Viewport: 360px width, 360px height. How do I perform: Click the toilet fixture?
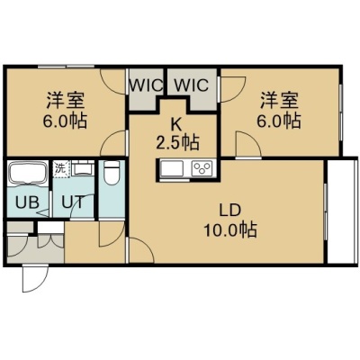pos(112,172)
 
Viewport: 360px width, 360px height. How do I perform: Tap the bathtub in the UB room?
pos(28,173)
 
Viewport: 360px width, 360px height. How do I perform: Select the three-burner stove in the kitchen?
pos(202,167)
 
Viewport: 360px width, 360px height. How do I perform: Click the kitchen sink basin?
pos(172,168)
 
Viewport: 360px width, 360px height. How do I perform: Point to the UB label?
pos(27,202)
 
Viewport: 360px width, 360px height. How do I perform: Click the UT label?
pos(73,202)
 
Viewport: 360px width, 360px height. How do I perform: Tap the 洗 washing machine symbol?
pos(61,169)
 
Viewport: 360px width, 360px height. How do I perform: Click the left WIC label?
pos(146,85)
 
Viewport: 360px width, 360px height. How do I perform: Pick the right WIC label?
pos(192,85)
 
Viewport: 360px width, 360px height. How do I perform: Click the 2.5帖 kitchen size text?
pos(177,142)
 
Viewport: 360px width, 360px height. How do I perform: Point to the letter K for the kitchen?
pos(176,124)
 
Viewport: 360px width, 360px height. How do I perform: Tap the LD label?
pos(230,211)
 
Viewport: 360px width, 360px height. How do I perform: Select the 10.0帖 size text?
pos(230,230)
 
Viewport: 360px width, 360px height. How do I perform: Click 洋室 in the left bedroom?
pos(65,101)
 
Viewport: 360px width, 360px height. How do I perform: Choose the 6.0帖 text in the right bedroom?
pos(279,121)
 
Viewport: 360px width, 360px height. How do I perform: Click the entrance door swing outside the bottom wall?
pos(35,278)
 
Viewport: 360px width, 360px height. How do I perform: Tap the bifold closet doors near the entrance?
pos(50,241)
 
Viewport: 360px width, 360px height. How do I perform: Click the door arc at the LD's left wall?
pos(141,250)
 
